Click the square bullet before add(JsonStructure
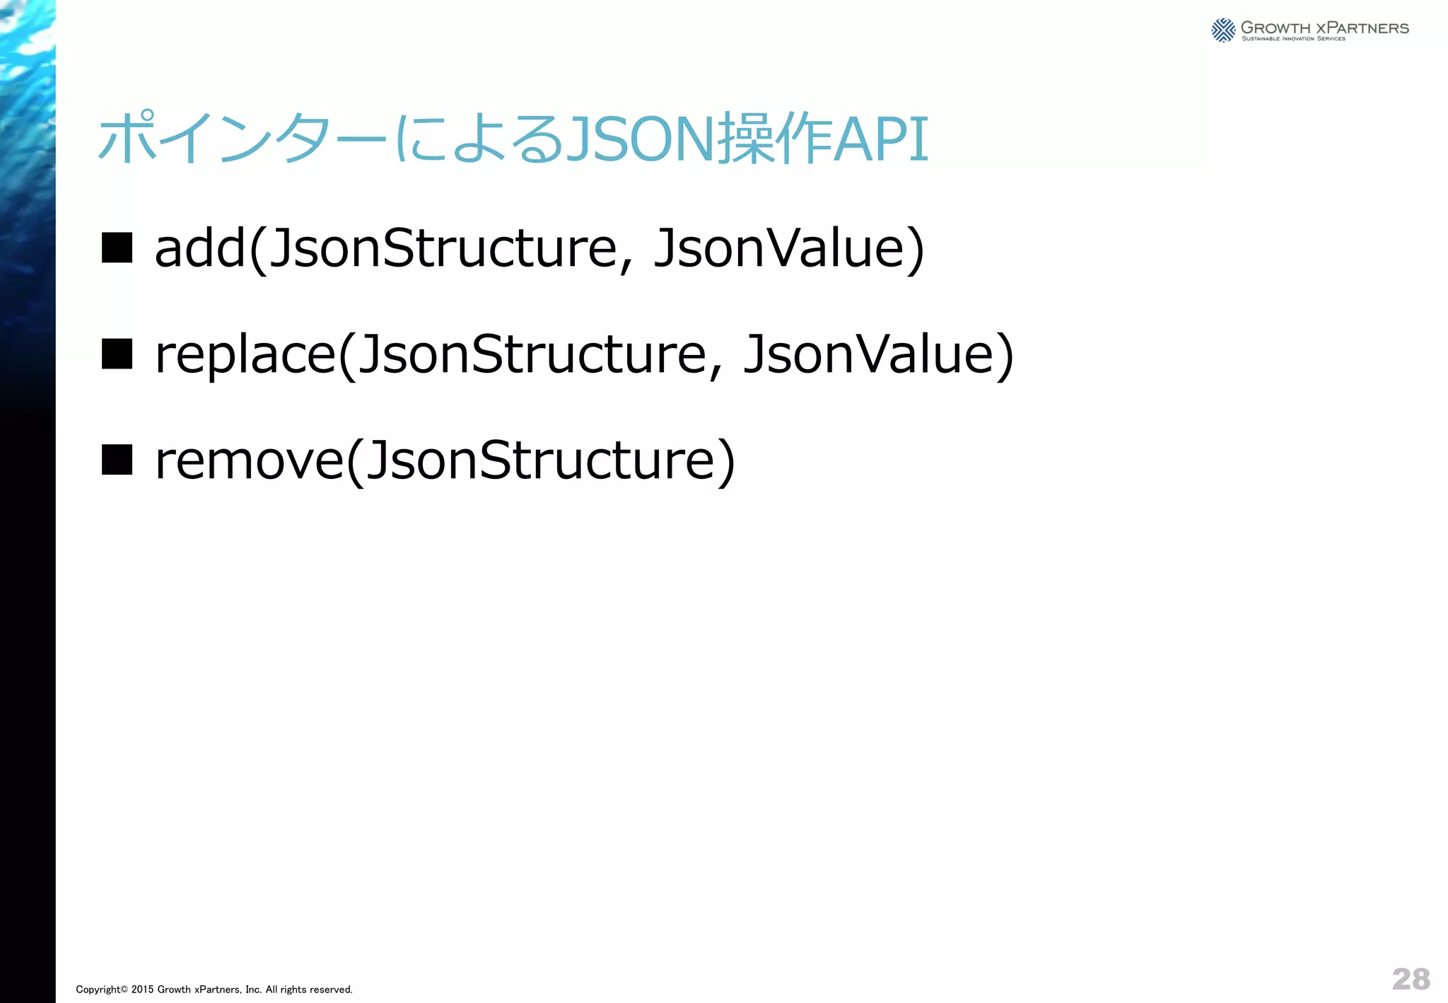(117, 248)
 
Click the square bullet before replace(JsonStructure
(117, 354)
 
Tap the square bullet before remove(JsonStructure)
(117, 460)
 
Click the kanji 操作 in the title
(774, 139)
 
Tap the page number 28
(1411, 979)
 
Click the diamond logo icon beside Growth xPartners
(1223, 30)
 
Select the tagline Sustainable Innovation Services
(1293, 39)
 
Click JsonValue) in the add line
(788, 249)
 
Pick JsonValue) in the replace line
(878, 355)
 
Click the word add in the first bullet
(200, 249)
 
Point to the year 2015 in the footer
(142, 990)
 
